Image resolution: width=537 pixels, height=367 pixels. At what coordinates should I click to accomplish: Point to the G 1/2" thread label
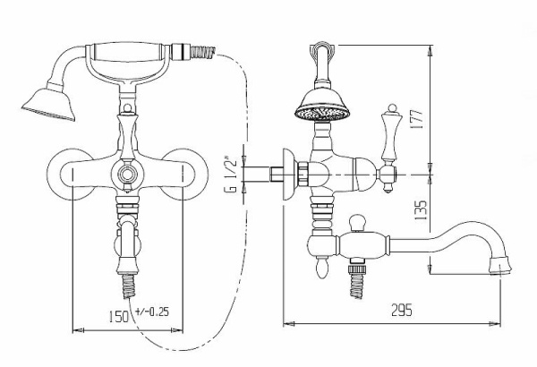pyautogui.click(x=230, y=175)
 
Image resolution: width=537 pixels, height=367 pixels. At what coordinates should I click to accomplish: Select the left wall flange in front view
pyautogui.click(x=70, y=172)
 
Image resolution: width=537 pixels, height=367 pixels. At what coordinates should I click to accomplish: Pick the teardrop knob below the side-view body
pyautogui.click(x=320, y=267)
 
